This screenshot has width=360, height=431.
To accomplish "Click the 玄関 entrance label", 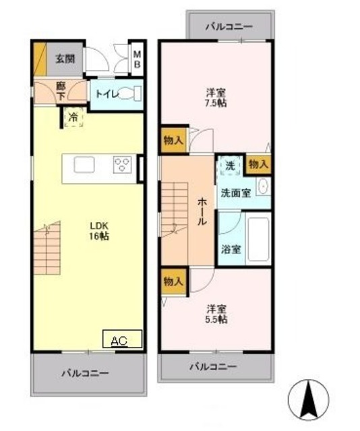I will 65,58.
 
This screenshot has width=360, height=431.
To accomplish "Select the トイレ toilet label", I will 104,94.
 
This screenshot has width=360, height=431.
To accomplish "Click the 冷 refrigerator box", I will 73,117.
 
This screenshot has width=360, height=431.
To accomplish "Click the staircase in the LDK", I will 47,246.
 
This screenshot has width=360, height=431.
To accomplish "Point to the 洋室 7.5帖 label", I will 216,99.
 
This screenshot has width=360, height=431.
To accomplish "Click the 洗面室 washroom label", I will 236,192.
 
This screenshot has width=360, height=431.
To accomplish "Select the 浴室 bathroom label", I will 231,248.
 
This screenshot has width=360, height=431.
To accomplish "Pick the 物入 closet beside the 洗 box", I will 258,164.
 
